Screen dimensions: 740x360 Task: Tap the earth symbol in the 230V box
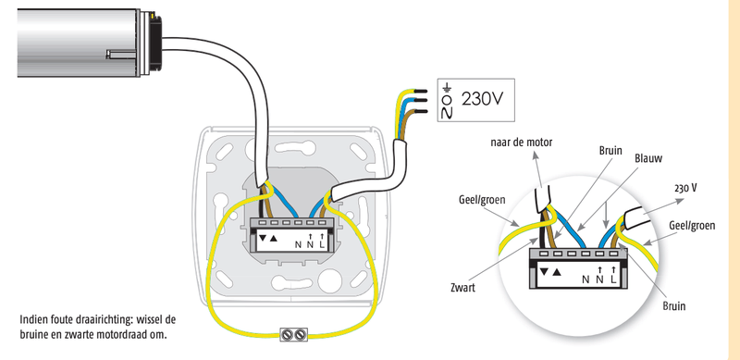point(448,87)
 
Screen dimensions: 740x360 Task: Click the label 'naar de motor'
point(521,142)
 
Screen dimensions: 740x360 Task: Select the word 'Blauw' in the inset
point(648,159)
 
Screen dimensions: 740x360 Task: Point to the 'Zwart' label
point(463,287)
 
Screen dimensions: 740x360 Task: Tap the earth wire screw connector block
point(293,334)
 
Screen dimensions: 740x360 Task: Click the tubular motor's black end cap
point(154,43)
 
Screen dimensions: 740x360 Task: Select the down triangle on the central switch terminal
point(263,237)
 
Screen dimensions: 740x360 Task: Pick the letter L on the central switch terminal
point(322,244)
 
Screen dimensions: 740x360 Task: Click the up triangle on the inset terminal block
point(558,272)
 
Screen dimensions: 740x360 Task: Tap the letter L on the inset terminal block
point(613,279)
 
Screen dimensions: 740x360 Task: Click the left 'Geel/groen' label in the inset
point(482,200)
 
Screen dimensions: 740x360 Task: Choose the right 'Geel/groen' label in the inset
point(692,226)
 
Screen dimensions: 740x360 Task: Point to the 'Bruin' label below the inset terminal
point(673,306)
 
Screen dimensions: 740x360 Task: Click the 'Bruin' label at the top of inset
point(610,151)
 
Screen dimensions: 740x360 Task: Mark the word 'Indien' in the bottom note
point(32,319)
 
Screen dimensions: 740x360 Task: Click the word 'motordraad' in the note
point(124,336)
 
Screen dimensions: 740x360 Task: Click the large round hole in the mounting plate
point(330,281)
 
